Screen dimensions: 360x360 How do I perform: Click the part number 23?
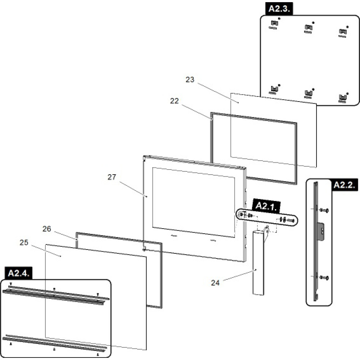[x=190, y=80]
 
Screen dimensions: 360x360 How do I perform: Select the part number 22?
[x=174, y=101]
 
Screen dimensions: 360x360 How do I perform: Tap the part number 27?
[x=112, y=177]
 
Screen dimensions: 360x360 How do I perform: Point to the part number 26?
[x=47, y=229]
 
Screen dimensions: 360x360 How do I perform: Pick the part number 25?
[x=24, y=243]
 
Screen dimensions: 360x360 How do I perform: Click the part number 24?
[x=215, y=283]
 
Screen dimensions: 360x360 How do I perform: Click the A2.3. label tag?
[x=279, y=9]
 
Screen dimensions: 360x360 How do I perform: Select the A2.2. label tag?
[x=344, y=185]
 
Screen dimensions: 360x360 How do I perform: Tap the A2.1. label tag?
[x=266, y=206]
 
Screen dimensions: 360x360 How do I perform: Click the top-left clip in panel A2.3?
[x=274, y=24]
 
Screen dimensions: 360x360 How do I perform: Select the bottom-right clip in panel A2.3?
[x=342, y=97]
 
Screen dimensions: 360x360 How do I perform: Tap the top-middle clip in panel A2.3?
[x=308, y=27]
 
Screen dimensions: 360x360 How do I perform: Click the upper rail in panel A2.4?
[x=54, y=293]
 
